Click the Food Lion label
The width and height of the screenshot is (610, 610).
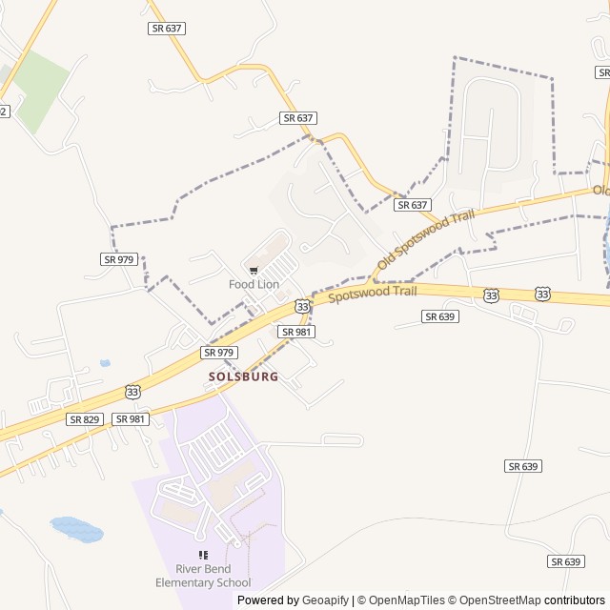pos(253,284)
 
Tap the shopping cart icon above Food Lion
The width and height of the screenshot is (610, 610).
pos(253,271)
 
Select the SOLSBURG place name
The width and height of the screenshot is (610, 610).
pos(244,376)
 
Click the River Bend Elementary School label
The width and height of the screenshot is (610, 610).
pos(203,577)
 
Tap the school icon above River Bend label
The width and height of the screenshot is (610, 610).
pos(203,555)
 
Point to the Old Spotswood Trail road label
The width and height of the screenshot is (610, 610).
pos(425,239)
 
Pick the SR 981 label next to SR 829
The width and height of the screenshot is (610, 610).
pos(131,419)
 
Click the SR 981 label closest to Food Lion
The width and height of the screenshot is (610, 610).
pos(297,331)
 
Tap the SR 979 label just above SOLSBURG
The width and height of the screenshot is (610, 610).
pos(218,353)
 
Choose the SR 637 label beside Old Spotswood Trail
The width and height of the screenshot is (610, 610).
pos(413,205)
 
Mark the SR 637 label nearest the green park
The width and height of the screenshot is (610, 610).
pos(167,29)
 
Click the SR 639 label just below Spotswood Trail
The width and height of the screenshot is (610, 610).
pos(441,316)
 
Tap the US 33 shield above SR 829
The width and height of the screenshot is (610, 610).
pos(132,391)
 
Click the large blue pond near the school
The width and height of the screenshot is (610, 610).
pos(76,528)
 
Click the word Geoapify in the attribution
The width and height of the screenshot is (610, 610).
pos(325,600)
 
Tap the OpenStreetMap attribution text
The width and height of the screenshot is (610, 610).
pos(498,600)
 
